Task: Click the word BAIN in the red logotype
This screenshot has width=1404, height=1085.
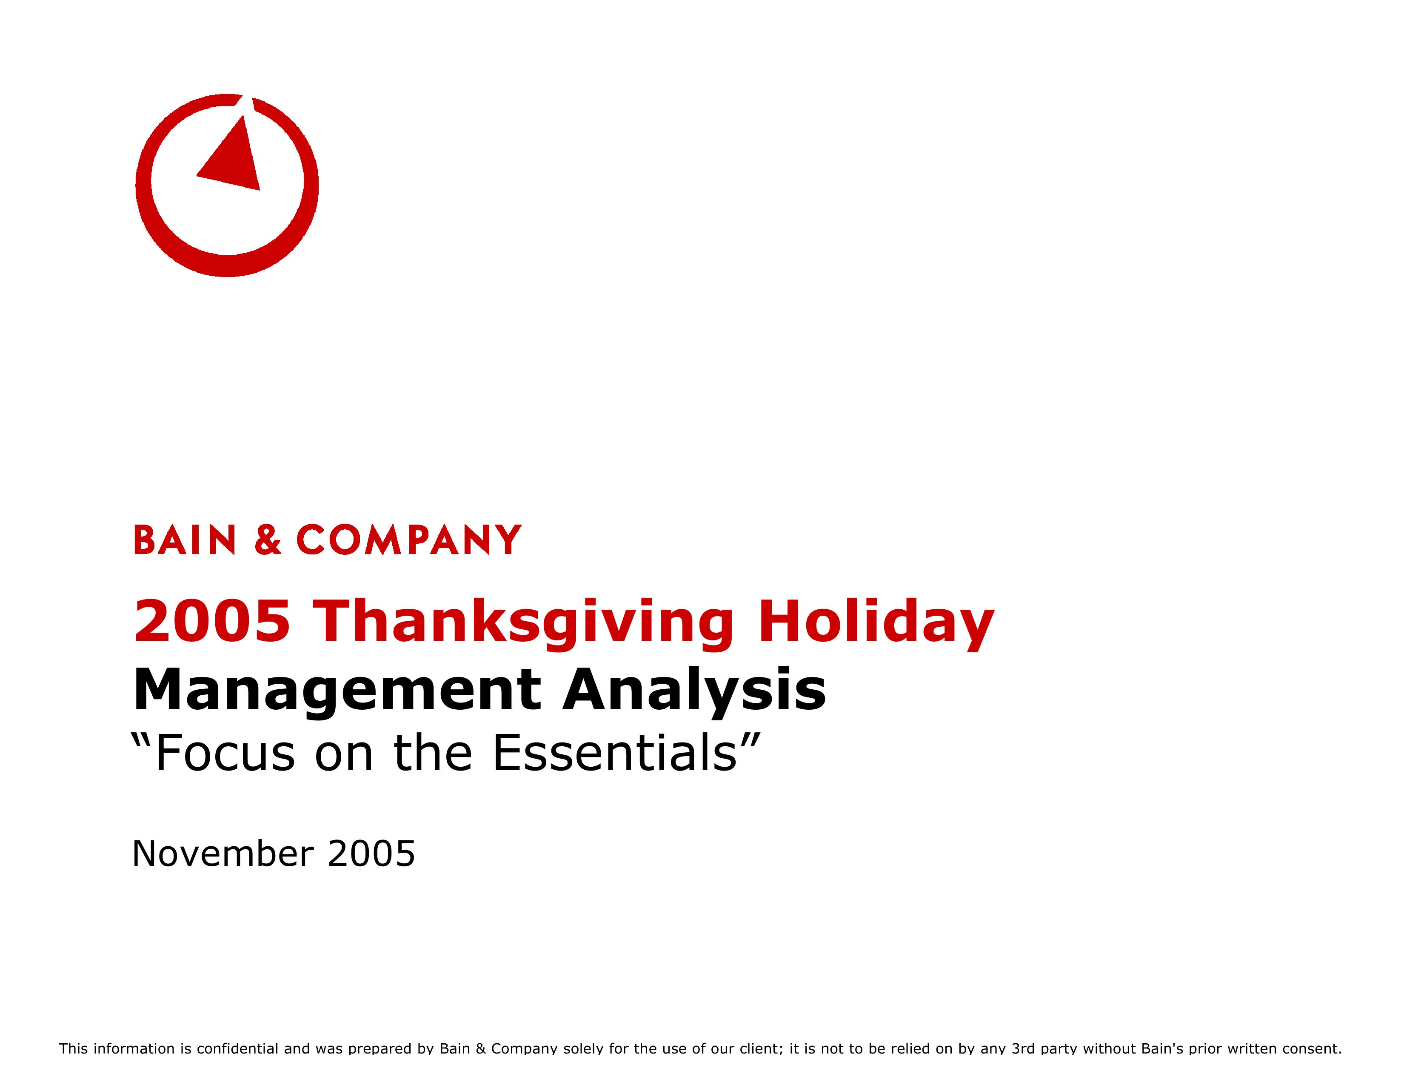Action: (x=185, y=540)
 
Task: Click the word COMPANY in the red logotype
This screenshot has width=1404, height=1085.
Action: (x=409, y=540)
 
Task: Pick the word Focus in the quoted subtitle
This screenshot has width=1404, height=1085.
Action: (x=225, y=753)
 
